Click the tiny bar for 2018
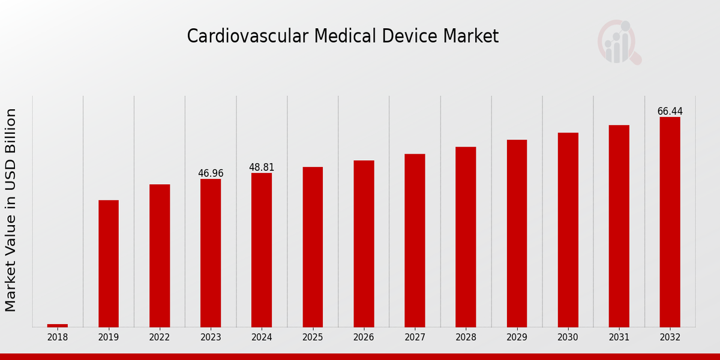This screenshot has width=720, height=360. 58,325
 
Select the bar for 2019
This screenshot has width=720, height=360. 109,263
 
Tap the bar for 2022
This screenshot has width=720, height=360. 160,256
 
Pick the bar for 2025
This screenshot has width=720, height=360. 313,247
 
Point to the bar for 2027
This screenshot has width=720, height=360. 415,240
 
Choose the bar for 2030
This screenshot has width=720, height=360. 568,230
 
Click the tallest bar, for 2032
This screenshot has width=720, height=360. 670,222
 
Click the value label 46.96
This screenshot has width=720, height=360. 211,173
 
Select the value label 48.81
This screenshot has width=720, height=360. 262,167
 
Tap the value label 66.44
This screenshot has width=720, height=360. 670,112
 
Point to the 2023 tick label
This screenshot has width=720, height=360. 211,338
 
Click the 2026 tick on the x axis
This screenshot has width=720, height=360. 364,338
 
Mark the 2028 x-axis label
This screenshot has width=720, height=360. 466,338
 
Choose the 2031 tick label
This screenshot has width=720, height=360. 619,338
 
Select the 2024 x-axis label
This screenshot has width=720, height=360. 262,338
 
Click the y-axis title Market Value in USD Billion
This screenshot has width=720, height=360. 11,210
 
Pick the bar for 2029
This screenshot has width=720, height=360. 517,233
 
